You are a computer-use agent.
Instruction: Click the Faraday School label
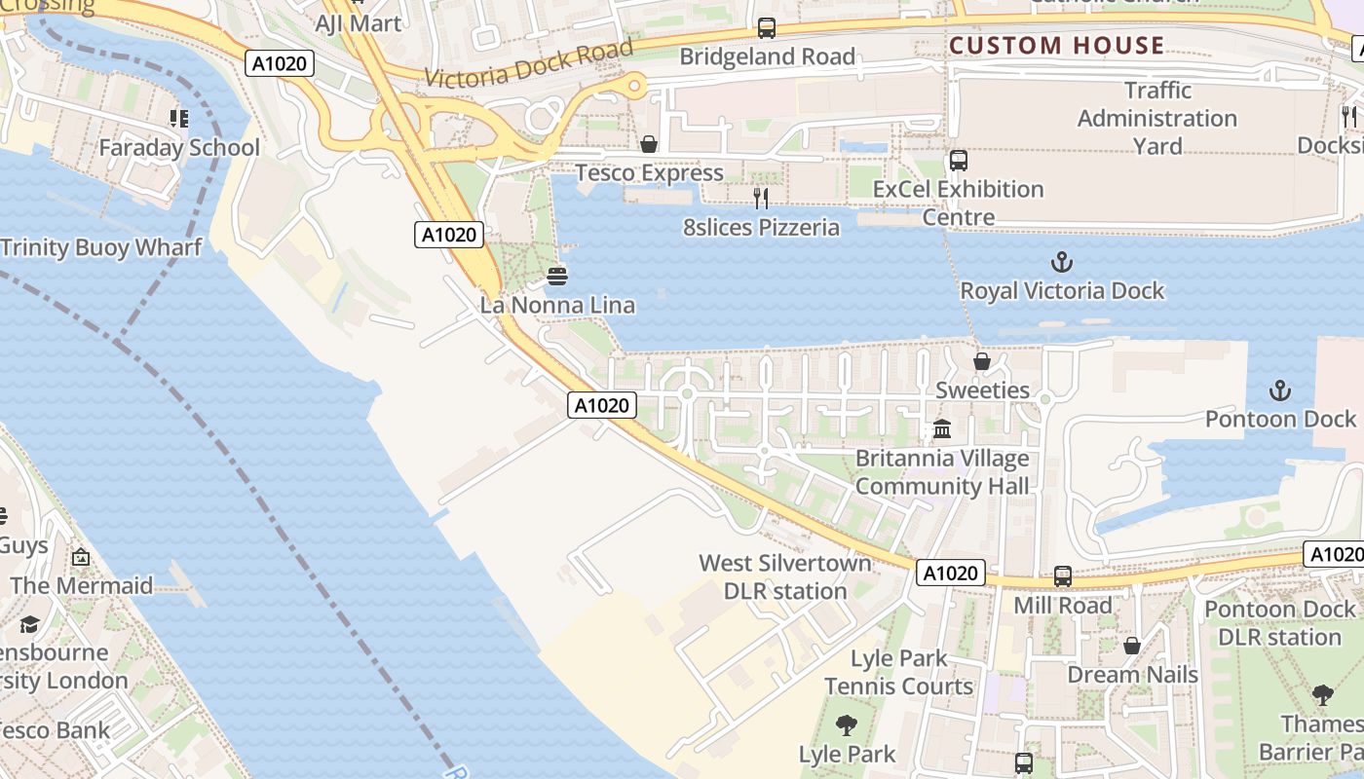179,148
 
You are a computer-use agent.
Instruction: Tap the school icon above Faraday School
178,119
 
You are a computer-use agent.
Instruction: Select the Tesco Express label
649,173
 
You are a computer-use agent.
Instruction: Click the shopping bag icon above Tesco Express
648,145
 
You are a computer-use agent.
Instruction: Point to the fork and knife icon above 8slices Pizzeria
761,199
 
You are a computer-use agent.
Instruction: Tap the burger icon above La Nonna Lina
557,277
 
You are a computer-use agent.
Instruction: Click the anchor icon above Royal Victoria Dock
1061,262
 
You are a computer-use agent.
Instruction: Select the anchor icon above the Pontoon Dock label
1279,390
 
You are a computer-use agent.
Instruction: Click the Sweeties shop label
982,390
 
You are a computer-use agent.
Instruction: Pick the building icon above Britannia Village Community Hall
942,428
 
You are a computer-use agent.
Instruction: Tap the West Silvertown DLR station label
785,576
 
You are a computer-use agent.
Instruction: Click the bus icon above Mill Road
1062,576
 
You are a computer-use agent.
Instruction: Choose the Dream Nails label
1132,675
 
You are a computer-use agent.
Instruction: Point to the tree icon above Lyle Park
846,725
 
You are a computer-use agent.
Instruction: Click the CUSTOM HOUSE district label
1056,46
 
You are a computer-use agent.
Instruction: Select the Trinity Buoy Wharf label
101,247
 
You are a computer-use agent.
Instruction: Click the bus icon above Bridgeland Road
767,28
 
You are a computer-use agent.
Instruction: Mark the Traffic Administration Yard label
1157,118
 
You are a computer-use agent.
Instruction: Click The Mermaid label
82,586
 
